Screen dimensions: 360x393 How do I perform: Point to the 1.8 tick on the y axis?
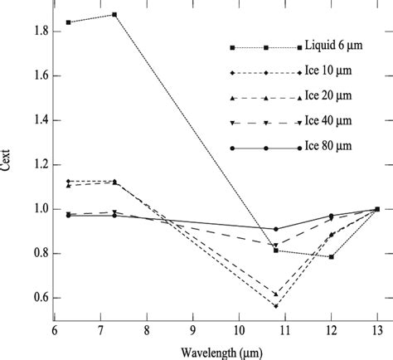[x=35, y=32]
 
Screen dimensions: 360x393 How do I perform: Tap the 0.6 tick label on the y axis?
[x=35, y=298]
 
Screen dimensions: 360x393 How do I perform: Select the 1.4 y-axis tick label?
[x=35, y=120]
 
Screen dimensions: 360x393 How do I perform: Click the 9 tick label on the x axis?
[x=193, y=329]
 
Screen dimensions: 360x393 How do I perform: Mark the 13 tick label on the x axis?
[x=377, y=329]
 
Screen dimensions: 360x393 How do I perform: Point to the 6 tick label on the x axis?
[x=55, y=329]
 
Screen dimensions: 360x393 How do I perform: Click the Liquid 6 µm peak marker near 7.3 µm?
[x=114, y=15]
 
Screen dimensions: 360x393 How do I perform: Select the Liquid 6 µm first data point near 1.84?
[x=68, y=22]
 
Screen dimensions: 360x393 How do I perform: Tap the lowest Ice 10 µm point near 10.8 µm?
[x=276, y=306]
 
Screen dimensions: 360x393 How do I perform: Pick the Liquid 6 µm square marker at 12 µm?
[x=332, y=257]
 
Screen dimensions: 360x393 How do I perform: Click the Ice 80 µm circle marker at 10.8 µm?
[x=276, y=229]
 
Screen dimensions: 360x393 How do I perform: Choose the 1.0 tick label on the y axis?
[x=35, y=209]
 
